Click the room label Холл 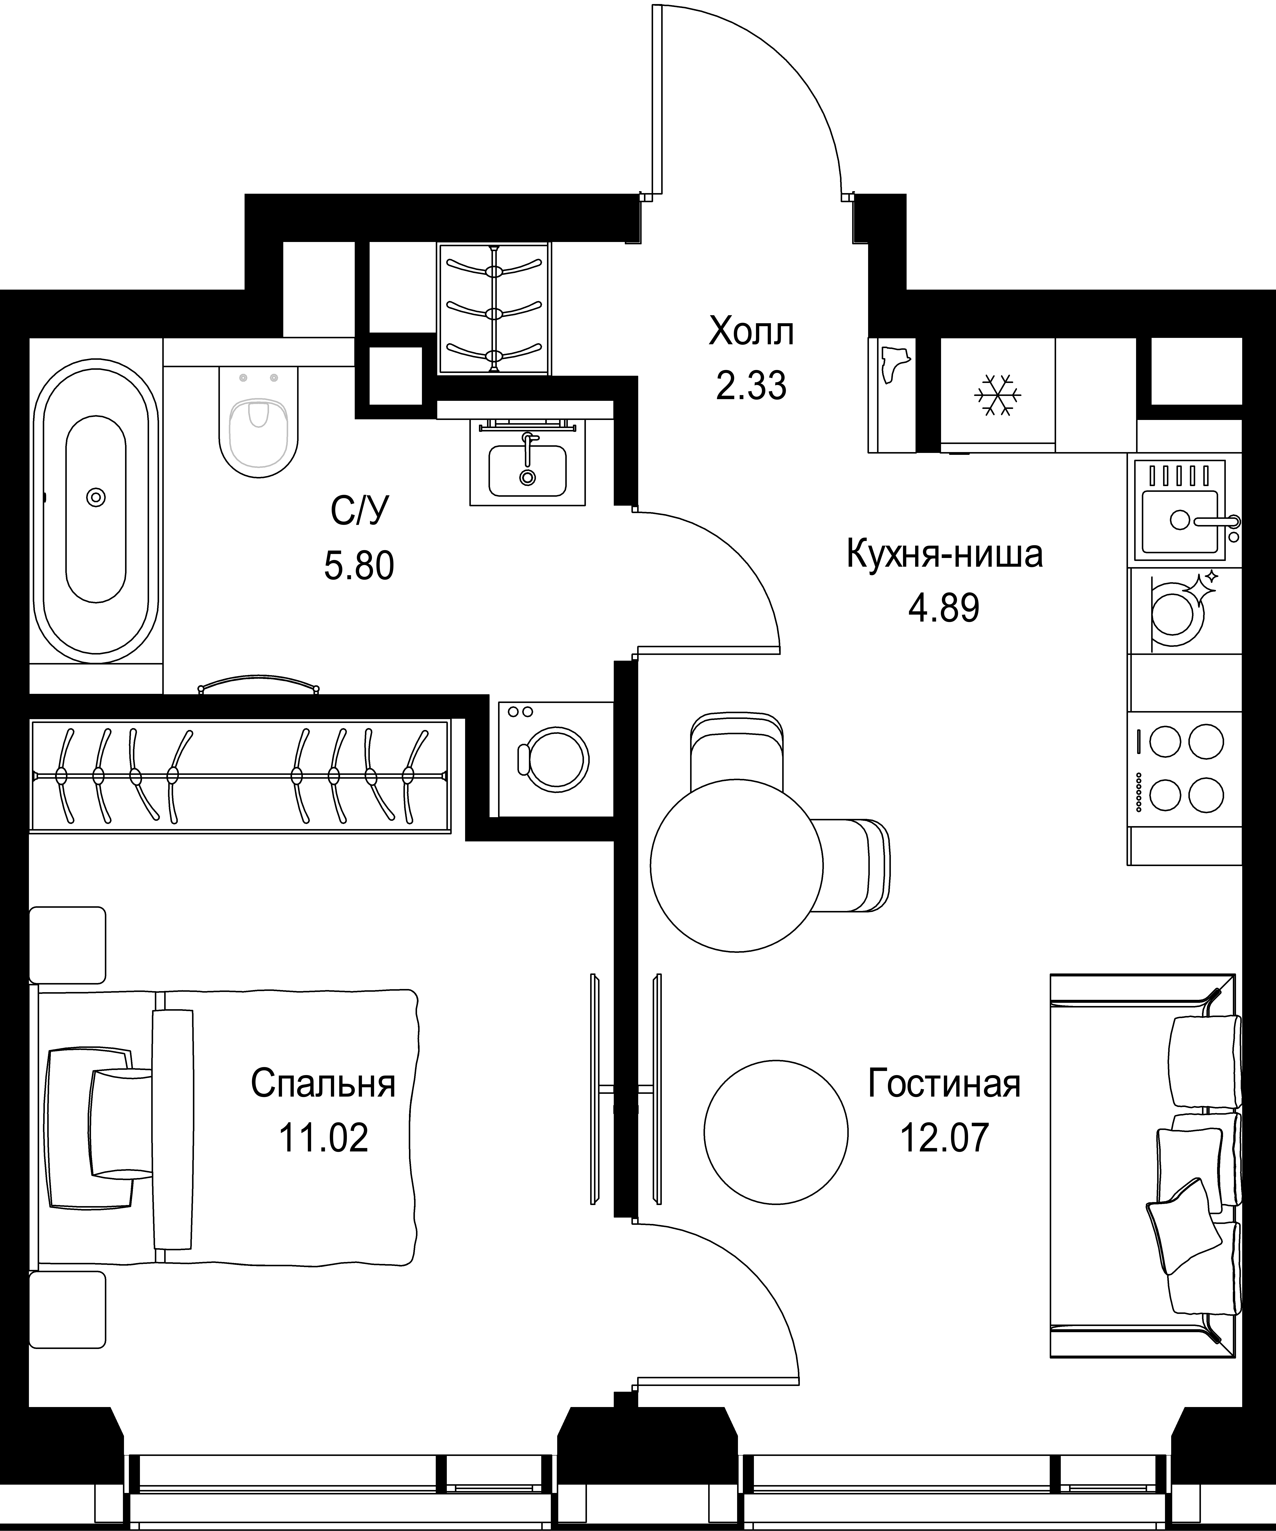(751, 332)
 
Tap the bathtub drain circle (95, 497)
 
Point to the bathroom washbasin (527, 467)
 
